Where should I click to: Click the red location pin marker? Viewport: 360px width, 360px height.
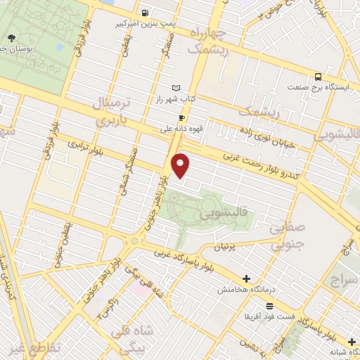click(181, 165)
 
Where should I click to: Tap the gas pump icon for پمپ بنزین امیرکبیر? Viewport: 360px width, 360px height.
click(144, 12)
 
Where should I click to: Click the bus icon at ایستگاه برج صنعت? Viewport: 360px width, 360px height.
click(319, 77)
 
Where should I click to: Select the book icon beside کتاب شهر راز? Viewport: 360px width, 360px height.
click(176, 88)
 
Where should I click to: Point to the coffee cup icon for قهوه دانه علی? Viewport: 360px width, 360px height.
click(181, 118)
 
